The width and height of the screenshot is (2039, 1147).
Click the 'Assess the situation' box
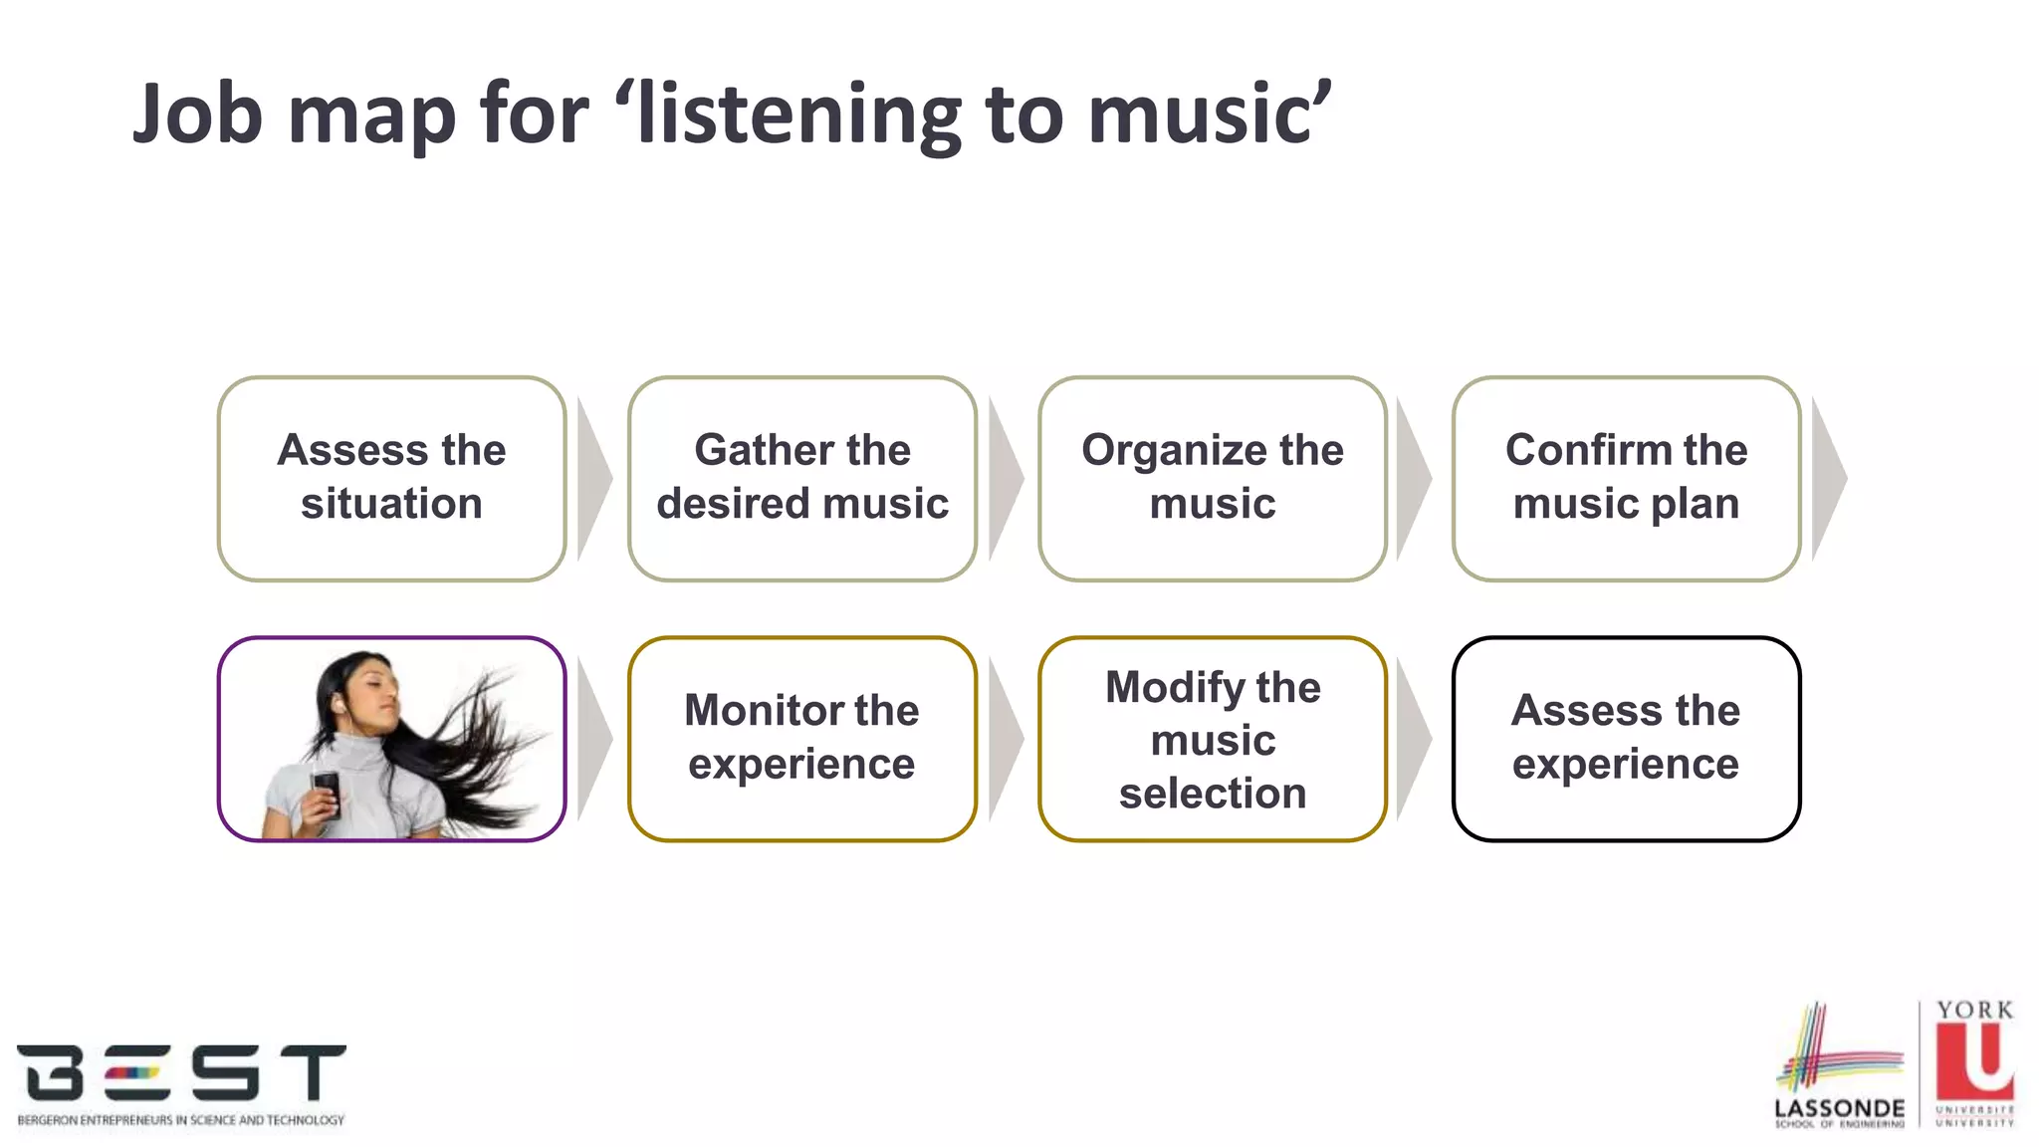(391, 478)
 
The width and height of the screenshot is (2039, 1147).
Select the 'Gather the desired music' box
(801, 478)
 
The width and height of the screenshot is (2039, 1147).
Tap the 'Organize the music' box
(1212, 478)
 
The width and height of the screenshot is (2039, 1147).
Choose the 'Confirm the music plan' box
(1626, 478)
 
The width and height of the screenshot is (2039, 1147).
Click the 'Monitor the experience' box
(801, 739)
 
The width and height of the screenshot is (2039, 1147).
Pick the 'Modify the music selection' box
(1212, 739)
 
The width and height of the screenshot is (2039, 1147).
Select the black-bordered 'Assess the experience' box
(1626, 739)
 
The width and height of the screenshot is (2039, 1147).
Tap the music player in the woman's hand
(327, 792)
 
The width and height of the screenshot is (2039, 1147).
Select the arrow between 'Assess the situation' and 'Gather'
(593, 479)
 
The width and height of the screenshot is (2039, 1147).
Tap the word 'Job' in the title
(197, 115)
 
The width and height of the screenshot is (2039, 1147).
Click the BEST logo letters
(180, 1072)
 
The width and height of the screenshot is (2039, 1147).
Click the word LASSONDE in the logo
(1839, 1108)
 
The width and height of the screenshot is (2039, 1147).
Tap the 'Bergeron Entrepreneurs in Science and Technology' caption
(180, 1120)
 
